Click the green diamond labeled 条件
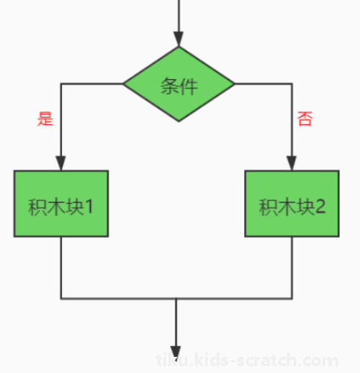(x=179, y=83)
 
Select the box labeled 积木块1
(x=61, y=204)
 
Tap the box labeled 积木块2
(x=292, y=204)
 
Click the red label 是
(x=45, y=118)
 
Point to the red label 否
(x=305, y=118)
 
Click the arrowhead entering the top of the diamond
(x=179, y=39)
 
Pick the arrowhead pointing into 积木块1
(x=60, y=164)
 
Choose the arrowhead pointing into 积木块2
(x=292, y=164)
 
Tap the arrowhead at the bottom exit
(x=176, y=353)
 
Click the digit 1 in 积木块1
(x=89, y=206)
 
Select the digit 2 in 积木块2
(x=320, y=206)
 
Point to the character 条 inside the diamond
(x=170, y=86)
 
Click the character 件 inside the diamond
(x=188, y=86)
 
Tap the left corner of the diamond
(x=123, y=83)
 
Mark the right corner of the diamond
(x=234, y=83)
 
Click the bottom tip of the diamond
(x=179, y=122)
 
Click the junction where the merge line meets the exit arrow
(x=176, y=298)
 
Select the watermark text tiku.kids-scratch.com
(x=247, y=360)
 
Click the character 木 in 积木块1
(x=56, y=207)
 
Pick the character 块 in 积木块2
(x=306, y=207)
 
